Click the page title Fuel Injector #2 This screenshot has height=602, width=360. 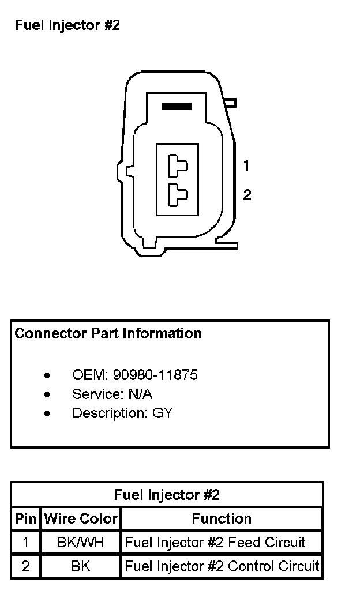pos(67,25)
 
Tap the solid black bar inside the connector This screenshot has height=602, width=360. pos(177,106)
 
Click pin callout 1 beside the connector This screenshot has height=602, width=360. pos(246,166)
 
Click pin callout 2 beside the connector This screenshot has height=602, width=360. pos(247,195)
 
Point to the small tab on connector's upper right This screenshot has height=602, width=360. pos(231,103)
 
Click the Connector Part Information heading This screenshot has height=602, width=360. pos(108,333)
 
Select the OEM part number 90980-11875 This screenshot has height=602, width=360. pos(155,375)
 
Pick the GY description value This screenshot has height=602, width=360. pos(163,413)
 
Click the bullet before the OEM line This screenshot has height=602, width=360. pos(47,375)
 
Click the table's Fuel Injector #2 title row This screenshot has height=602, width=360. pos(167,495)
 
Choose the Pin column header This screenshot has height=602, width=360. pos(25,518)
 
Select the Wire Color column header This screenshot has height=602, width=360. pos(81,518)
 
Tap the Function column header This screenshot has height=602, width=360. pos(222,518)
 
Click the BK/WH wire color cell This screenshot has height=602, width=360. pos(81,542)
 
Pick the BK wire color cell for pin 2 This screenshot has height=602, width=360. pos(81,566)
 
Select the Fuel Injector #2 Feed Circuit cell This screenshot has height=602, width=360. pos(215,542)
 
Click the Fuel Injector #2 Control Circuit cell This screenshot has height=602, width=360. pos(222,566)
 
